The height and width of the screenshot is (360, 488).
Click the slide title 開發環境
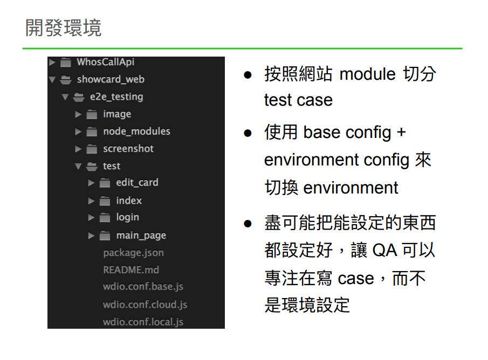(63, 27)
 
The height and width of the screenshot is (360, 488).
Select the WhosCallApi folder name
(105, 62)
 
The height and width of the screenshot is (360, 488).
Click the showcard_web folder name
(111, 79)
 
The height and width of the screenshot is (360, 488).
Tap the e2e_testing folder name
(116, 97)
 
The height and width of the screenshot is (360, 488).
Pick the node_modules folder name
(136, 131)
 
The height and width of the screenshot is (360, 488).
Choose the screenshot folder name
(128, 149)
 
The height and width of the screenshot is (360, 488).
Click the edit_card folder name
(137, 183)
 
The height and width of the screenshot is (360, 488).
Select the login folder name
(127, 217)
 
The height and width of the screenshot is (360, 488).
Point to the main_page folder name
(141, 236)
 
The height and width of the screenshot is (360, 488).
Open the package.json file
(133, 253)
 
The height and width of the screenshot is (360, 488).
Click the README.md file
(131, 270)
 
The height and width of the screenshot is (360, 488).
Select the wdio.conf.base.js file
(143, 287)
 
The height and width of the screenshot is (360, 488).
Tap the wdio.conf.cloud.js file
(145, 304)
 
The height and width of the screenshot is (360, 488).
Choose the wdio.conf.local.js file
(143, 322)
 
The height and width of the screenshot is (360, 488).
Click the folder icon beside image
(92, 114)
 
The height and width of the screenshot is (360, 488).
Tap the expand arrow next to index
(91, 200)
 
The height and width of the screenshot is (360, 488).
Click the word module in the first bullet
(368, 73)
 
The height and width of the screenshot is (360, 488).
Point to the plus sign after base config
(401, 132)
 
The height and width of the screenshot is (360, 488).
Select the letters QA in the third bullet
(384, 250)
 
